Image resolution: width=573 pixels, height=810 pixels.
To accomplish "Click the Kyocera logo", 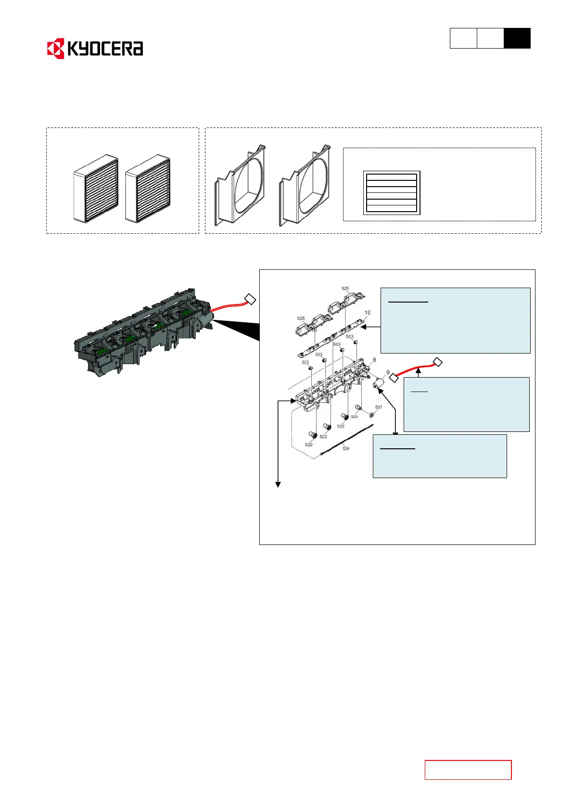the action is coord(95,49).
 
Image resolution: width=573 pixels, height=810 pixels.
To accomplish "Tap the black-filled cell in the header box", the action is coord(517,38).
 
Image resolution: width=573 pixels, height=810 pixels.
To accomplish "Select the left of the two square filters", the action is coord(96,189).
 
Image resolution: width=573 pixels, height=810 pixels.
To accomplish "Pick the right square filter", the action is coord(148,189).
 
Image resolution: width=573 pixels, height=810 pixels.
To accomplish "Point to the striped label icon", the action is coord(391,192).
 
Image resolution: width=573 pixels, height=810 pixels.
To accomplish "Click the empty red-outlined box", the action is coord(468,770).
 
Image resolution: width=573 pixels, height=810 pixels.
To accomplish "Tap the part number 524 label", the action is coord(346,448).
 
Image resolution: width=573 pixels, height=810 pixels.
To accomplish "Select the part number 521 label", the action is coord(379,407).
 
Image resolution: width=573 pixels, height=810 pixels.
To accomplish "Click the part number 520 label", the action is coord(354,417).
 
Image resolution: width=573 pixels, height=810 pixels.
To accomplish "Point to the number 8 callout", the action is coord(374,360).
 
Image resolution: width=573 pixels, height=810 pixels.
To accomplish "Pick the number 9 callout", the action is coord(388,372).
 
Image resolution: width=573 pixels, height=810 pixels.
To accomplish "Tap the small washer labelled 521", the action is coord(371,414).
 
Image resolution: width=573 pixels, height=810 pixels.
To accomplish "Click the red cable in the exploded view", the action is coord(416,369).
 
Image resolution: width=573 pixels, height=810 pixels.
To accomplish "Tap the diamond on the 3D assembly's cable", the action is coord(250,299).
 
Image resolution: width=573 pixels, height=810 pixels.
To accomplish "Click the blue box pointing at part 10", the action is coord(455,320).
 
